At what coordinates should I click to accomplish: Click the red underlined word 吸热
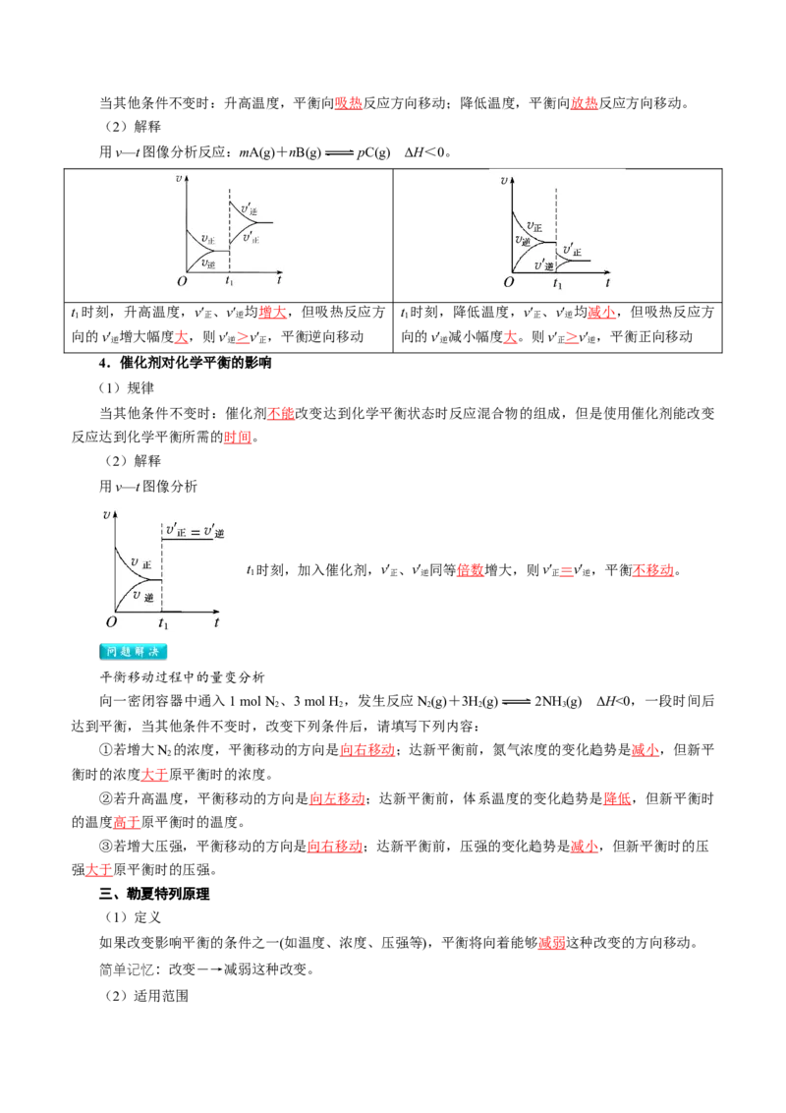[349, 103]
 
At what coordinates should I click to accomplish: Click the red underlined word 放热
[585, 103]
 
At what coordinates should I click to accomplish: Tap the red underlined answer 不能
[281, 413]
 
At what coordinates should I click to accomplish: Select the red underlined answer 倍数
[471, 570]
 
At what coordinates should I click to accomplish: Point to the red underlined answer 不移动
[653, 570]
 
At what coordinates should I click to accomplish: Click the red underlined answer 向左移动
[337, 798]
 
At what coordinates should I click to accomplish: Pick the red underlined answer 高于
[127, 822]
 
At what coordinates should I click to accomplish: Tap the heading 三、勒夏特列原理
[154, 894]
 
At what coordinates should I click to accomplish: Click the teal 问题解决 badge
[134, 651]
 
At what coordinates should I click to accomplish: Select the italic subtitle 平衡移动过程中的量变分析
[183, 676]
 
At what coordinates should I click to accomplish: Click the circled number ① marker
[106, 750]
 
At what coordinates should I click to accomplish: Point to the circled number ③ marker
[106, 847]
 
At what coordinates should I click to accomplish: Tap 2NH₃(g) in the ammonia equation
[558, 702]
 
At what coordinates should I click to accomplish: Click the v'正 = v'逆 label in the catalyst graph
[196, 531]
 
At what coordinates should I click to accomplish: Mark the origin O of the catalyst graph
[111, 621]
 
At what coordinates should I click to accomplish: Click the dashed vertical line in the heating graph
[229, 231]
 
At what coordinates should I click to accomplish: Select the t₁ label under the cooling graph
[558, 283]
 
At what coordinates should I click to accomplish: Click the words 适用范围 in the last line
[161, 996]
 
